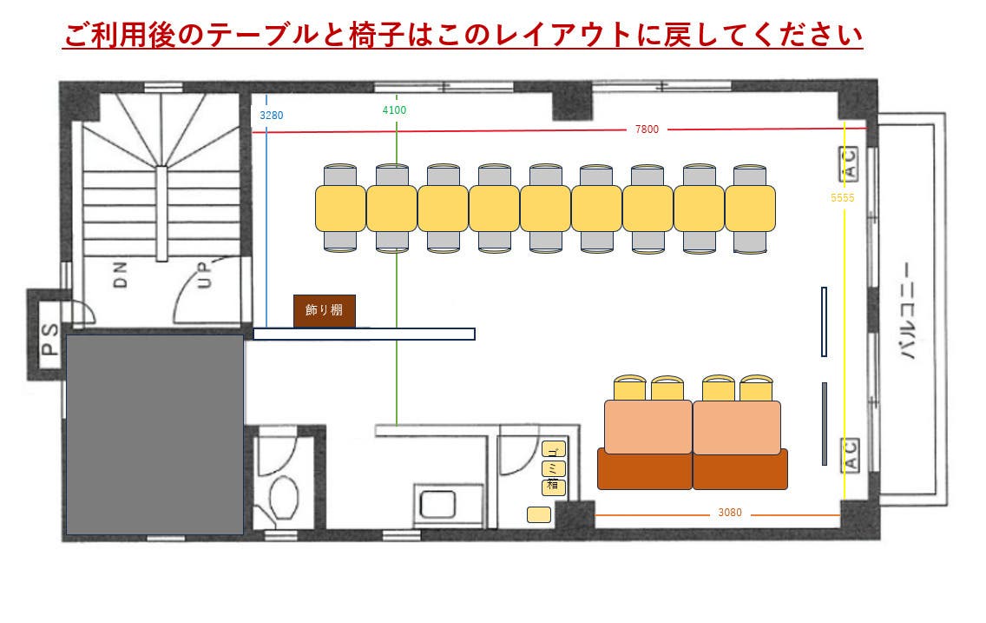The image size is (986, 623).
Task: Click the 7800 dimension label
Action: point(647,129)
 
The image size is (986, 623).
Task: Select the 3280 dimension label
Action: point(272,114)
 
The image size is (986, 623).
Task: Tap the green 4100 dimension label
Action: point(394,109)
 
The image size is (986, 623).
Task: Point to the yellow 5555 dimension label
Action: point(842,198)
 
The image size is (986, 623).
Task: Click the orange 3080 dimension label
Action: point(730,513)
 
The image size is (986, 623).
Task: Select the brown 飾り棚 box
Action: point(324,310)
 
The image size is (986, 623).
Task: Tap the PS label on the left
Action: point(49,340)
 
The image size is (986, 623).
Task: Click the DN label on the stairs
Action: point(120,276)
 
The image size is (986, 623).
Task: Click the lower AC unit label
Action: point(851,455)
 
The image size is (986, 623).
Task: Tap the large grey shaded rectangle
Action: point(154,434)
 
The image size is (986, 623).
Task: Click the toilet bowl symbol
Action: point(284,496)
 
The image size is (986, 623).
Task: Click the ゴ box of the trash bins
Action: point(554,450)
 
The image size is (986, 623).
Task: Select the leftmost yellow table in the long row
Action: point(340,209)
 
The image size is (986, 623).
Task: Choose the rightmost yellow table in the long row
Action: point(750,209)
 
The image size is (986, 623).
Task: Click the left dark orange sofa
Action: point(644,469)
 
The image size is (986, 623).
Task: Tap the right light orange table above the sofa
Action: point(737,427)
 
